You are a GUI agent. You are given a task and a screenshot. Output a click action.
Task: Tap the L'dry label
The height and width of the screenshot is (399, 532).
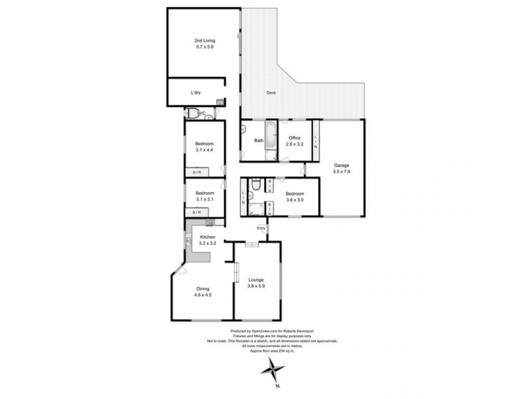pos(196,92)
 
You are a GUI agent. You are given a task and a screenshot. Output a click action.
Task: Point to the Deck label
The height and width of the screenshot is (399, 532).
pos(271,92)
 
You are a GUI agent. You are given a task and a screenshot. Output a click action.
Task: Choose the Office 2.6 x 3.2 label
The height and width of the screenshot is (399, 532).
pos(294,141)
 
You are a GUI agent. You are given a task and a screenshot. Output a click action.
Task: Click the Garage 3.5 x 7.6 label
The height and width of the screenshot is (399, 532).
pos(341,168)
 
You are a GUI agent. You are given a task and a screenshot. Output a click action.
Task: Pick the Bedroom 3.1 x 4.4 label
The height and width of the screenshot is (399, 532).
pos(204,148)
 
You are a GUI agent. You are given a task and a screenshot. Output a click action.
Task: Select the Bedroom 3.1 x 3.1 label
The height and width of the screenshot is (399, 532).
pos(204,197)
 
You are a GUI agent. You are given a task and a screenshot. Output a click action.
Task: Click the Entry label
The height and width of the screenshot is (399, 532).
pos(261,229)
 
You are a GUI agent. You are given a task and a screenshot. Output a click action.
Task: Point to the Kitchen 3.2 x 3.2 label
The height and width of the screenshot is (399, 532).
pos(207,240)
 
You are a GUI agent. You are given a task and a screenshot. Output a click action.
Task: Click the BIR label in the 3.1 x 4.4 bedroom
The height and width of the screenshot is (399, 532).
pos(198,172)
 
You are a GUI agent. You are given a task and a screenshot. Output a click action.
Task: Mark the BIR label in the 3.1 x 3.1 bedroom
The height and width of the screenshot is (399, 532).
pos(197,212)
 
